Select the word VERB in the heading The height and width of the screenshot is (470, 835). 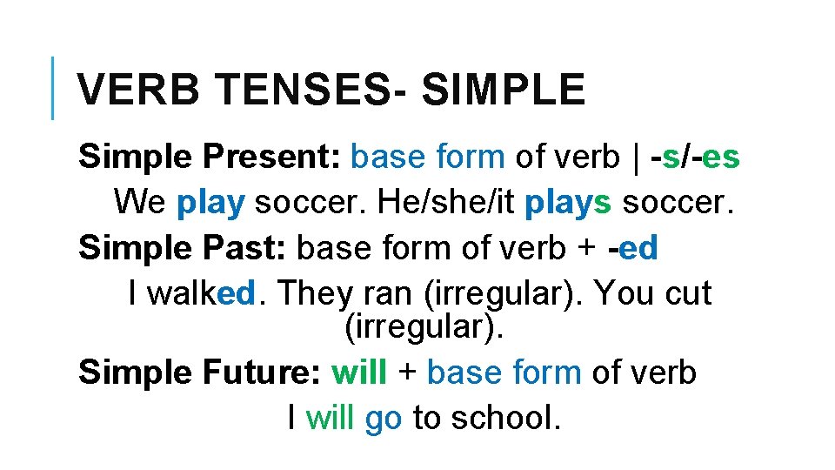(x=139, y=90)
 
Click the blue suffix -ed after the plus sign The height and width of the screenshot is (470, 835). (x=634, y=248)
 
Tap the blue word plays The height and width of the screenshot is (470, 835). (x=570, y=203)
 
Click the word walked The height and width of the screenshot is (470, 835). (x=201, y=294)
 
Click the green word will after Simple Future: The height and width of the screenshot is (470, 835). (x=359, y=373)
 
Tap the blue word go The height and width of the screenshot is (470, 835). (x=384, y=418)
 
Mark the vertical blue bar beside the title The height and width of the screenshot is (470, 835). (x=53, y=87)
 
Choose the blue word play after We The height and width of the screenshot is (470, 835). (x=210, y=203)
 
